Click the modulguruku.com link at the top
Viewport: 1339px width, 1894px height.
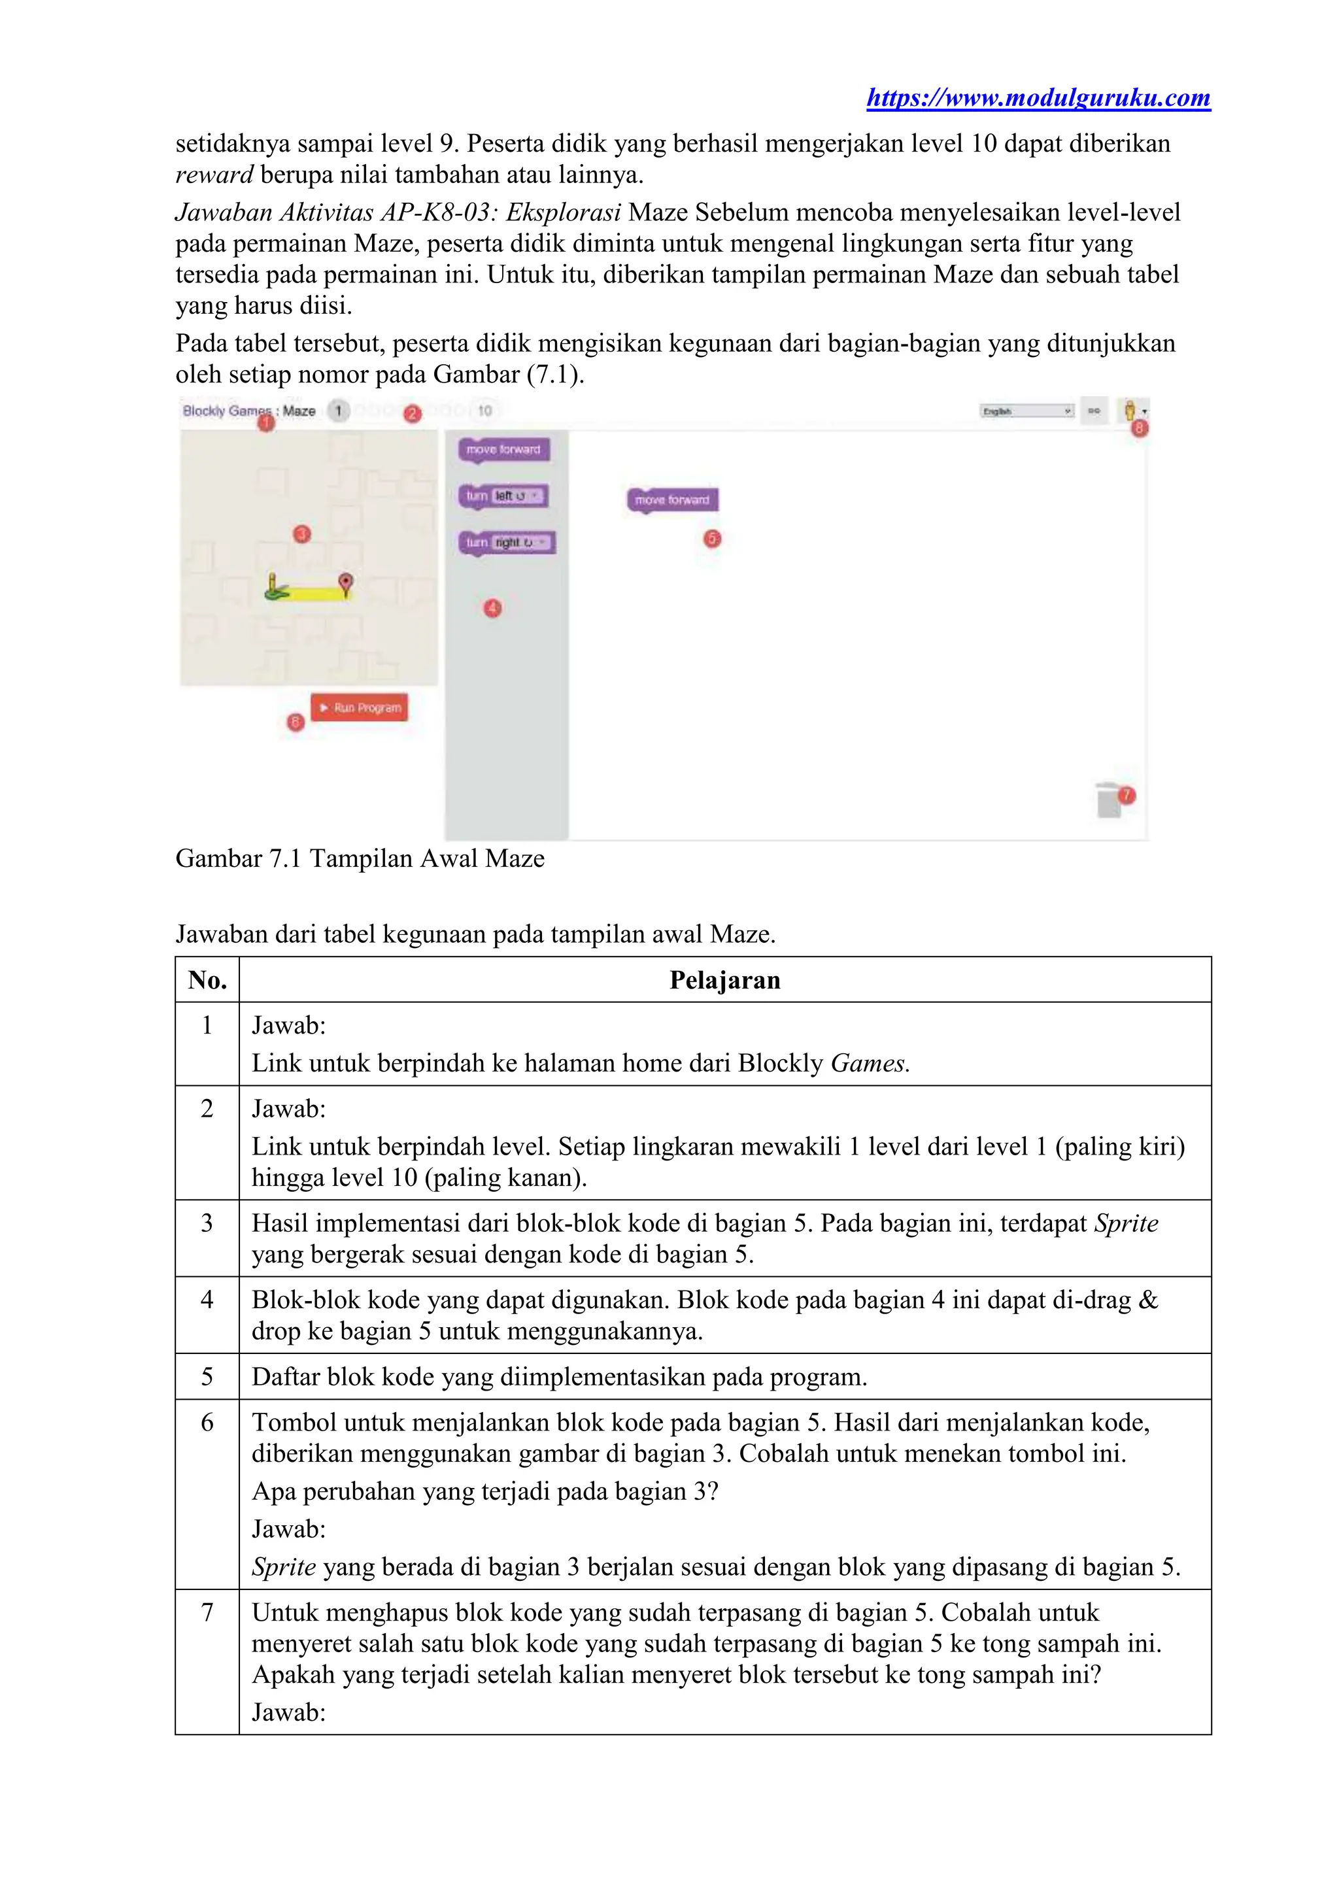coord(1038,98)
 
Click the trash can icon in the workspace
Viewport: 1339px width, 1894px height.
coord(1109,800)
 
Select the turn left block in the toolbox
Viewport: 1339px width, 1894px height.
coord(502,496)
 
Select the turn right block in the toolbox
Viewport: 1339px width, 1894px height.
coord(507,543)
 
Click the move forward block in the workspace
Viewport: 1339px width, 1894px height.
coord(672,500)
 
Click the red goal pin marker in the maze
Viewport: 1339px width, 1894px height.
coord(347,583)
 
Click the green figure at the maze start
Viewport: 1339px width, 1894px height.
coord(275,586)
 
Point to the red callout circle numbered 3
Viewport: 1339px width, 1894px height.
coord(302,535)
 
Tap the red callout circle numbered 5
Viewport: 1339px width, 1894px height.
coord(712,539)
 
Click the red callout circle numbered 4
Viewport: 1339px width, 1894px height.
coord(492,609)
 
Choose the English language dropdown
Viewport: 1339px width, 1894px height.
coord(1026,411)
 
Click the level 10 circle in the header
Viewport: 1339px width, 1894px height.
coord(484,411)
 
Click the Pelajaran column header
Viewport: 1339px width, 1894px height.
coord(724,980)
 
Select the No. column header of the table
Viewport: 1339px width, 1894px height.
coord(207,980)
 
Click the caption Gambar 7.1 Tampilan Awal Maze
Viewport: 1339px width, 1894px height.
coord(360,858)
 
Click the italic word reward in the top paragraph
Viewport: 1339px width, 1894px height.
coord(214,175)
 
